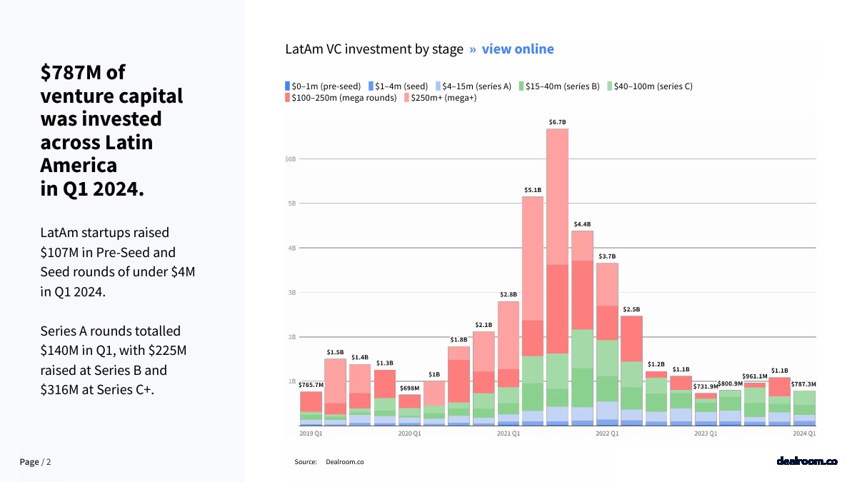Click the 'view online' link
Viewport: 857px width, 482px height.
click(518, 49)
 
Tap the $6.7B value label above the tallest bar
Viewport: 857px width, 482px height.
click(557, 122)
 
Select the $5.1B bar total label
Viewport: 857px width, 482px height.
click(533, 190)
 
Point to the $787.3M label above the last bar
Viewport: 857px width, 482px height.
click(803, 384)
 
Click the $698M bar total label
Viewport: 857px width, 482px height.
click(409, 388)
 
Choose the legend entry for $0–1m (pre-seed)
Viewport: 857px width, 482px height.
click(323, 86)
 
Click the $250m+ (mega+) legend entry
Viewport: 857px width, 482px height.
click(440, 98)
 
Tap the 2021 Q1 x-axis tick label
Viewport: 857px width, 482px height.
click(508, 433)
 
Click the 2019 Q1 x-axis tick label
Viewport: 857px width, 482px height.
click(311, 433)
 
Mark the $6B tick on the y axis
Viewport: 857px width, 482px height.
click(290, 159)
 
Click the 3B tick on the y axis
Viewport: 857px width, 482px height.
click(291, 292)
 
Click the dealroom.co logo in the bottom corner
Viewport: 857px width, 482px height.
click(807, 461)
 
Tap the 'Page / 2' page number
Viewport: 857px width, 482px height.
click(36, 462)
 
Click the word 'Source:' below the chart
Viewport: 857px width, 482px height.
click(306, 462)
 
